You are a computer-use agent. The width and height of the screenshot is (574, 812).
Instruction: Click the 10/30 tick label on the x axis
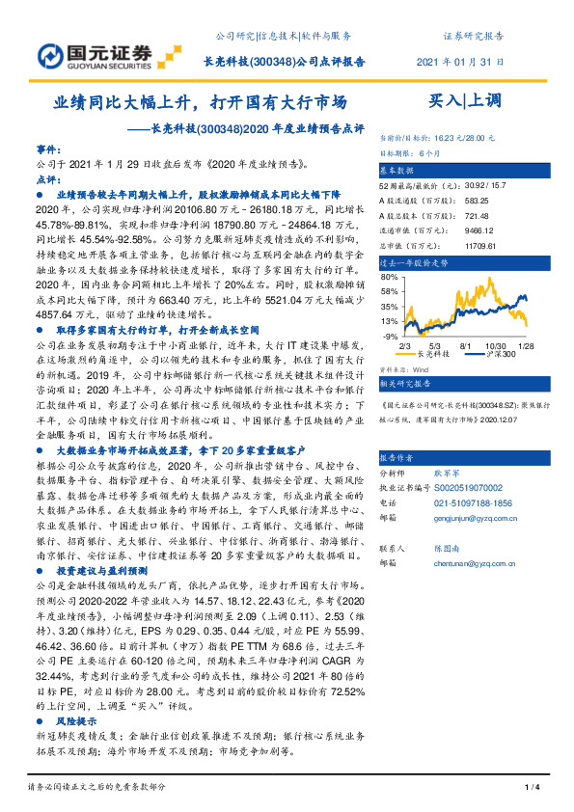tap(496, 344)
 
